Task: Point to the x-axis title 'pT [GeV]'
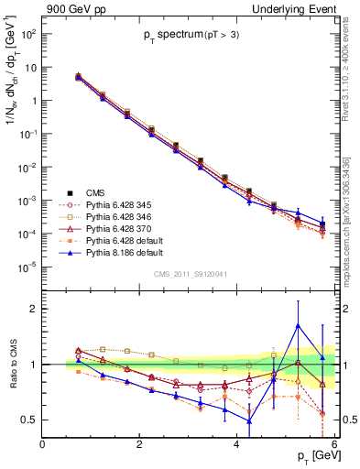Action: (314, 455)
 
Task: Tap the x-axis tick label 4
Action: (237, 444)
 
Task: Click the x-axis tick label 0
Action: (43, 444)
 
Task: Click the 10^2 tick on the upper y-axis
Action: (29, 34)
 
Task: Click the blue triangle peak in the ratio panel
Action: (298, 325)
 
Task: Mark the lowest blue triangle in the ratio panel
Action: (249, 421)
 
